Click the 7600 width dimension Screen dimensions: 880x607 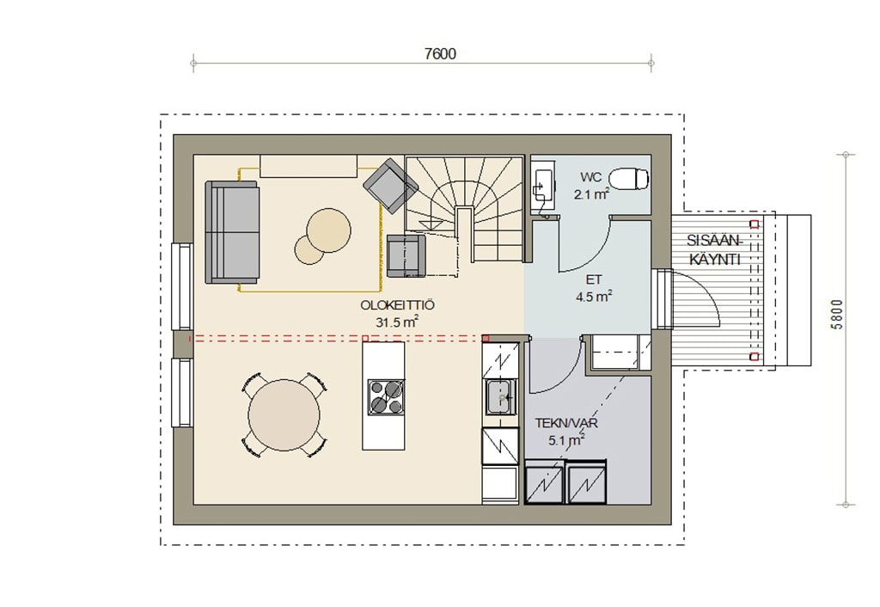(440, 54)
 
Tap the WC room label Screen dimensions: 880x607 (591, 177)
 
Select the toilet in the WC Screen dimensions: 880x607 (629, 180)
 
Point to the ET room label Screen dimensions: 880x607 (594, 279)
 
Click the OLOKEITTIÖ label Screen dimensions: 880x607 (397, 305)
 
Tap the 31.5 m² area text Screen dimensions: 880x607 (397, 322)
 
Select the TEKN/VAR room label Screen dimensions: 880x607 (566, 423)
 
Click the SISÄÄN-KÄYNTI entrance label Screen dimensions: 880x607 (715, 250)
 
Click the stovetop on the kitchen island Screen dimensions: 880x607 (386, 397)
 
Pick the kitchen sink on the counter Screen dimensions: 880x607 (501, 397)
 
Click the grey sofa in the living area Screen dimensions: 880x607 (232, 232)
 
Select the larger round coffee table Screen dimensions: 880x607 (329, 230)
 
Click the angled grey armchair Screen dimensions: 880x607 (391, 186)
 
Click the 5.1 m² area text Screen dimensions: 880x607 (567, 441)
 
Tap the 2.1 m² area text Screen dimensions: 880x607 (591, 195)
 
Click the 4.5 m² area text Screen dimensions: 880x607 (594, 297)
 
